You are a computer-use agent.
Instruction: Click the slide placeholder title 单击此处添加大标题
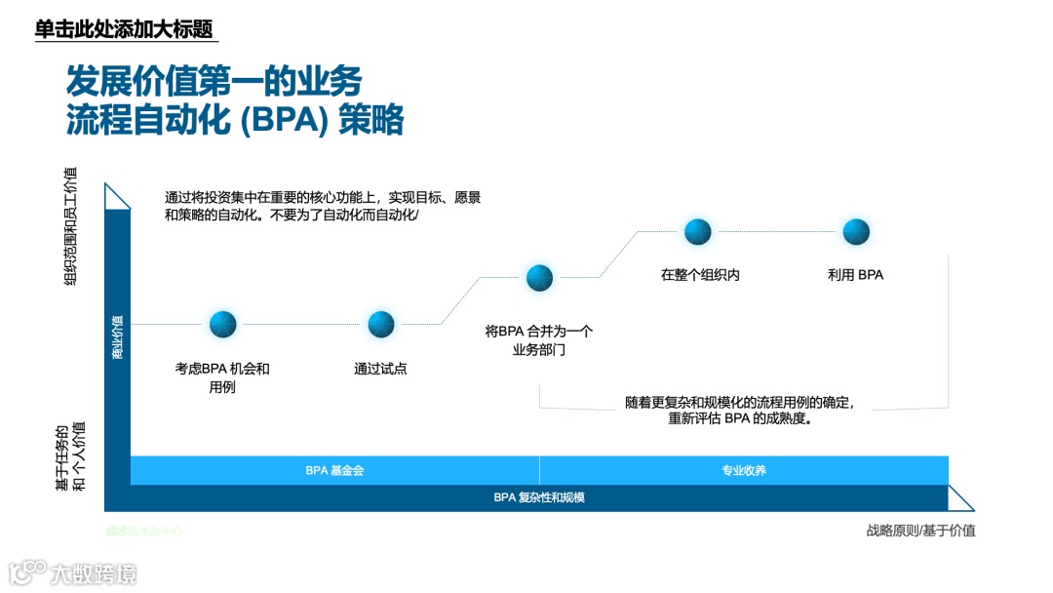pyautogui.click(x=124, y=29)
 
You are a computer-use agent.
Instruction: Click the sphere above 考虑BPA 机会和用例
pyautogui.click(x=223, y=324)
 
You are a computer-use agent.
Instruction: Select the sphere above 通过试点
pyautogui.click(x=381, y=324)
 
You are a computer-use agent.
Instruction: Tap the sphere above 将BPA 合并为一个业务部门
pyautogui.click(x=540, y=278)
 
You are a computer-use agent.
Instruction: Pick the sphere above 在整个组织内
pyautogui.click(x=698, y=231)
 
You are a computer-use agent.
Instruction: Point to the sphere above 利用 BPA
pyautogui.click(x=856, y=231)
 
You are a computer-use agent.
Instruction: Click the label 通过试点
pyautogui.click(x=380, y=369)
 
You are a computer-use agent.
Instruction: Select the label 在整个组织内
pyautogui.click(x=700, y=275)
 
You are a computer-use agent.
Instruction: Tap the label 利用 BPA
pyautogui.click(x=855, y=275)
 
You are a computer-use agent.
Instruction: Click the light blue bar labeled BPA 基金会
pyautogui.click(x=334, y=470)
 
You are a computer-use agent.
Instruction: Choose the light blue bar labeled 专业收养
pyautogui.click(x=744, y=470)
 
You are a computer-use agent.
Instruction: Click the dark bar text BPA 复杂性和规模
pyautogui.click(x=539, y=497)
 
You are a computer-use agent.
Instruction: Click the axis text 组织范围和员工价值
pyautogui.click(x=70, y=226)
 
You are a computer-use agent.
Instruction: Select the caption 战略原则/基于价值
pyautogui.click(x=920, y=531)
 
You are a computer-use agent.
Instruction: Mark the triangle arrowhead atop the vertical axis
pyautogui.click(x=117, y=196)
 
